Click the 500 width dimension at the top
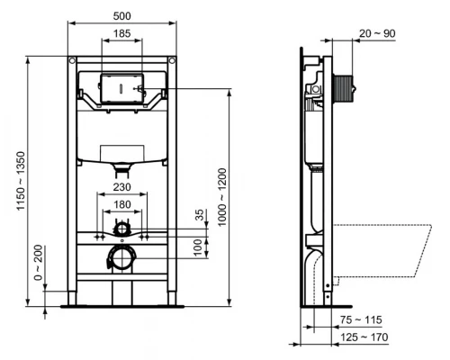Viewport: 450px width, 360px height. (121, 15)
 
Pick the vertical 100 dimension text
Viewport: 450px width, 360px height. (200, 245)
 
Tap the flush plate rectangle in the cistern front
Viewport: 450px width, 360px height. (120, 87)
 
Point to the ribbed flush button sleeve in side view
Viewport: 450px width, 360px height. (344, 90)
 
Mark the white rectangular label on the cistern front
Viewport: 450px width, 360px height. (120, 152)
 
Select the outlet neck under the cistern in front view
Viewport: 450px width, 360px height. (120, 168)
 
